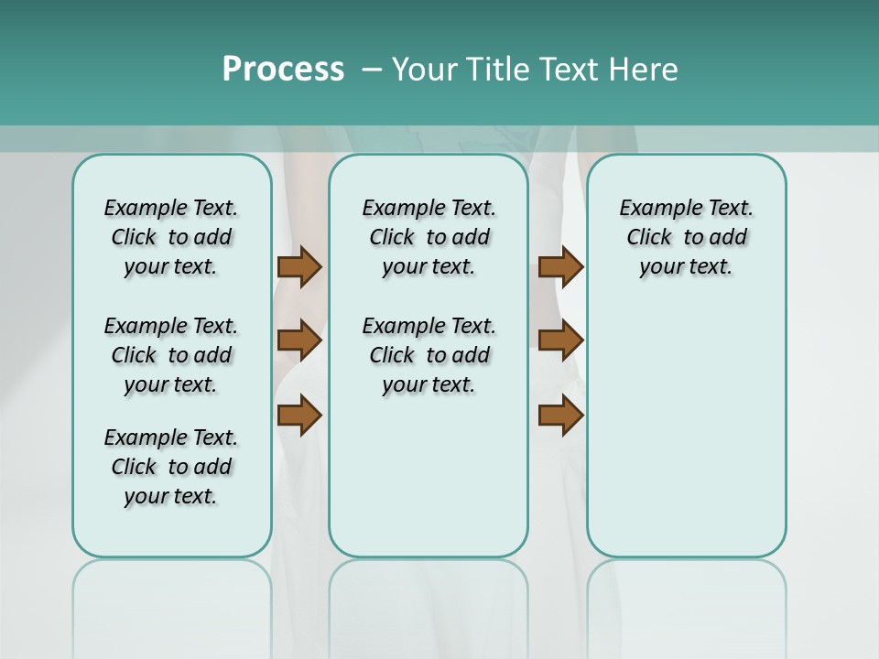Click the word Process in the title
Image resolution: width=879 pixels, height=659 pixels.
coord(283,70)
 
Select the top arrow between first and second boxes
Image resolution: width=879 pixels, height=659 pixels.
coord(299,267)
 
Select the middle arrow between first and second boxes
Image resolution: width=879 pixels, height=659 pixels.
coord(299,340)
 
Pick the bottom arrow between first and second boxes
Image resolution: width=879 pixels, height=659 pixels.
coord(299,415)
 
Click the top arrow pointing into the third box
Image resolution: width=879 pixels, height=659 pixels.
coord(560,267)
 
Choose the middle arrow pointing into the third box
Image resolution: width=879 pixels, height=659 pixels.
coord(560,340)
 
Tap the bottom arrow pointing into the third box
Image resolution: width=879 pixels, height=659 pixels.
coord(560,415)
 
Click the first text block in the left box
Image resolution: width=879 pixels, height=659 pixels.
coord(171,237)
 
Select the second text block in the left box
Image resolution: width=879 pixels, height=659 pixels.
coord(171,355)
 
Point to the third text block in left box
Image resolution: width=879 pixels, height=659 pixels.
coord(171,467)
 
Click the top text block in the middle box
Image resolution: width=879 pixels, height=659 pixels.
coord(429,237)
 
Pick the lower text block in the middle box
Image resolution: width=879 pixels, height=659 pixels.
coord(429,355)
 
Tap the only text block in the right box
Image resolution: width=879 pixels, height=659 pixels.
coord(686,237)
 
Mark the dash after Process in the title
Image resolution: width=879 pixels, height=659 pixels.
coord(372,70)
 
